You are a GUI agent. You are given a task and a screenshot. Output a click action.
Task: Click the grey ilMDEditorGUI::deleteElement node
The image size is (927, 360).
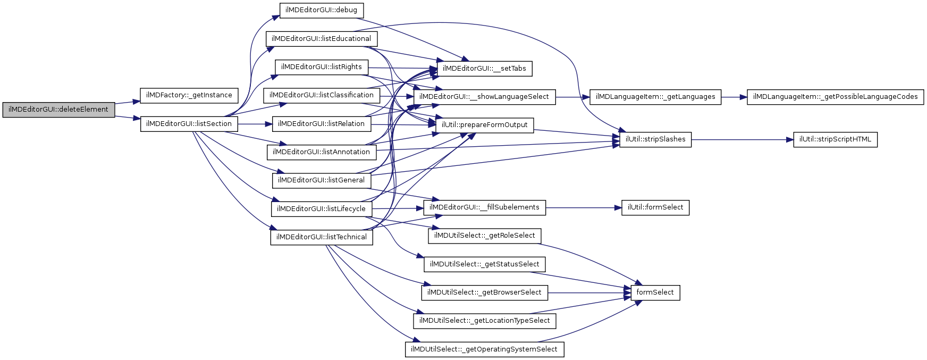coord(58,110)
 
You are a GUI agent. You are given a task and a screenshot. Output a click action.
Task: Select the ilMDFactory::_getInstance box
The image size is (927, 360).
coord(189,95)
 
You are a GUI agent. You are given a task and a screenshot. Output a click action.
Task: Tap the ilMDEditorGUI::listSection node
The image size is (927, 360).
coord(189,124)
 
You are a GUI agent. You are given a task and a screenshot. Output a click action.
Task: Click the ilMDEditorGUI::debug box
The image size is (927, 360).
coord(321,10)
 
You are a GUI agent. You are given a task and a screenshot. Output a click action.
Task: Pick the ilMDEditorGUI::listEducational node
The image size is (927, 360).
coord(321,39)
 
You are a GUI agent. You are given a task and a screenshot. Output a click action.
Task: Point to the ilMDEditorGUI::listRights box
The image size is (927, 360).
coord(321,67)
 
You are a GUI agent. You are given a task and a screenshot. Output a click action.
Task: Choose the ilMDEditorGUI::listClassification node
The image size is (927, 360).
coord(321,95)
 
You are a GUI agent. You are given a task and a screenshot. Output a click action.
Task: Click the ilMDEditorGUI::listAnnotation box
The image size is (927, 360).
coord(321,152)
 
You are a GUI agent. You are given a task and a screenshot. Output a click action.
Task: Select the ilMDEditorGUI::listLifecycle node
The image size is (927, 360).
coord(321,209)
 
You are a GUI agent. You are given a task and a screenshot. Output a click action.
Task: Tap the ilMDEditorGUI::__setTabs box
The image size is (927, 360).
coord(484,69)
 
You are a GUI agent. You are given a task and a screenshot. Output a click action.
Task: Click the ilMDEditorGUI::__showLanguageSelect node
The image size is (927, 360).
coord(484,97)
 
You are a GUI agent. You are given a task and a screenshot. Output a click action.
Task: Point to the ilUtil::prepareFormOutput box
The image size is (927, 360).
coord(484,125)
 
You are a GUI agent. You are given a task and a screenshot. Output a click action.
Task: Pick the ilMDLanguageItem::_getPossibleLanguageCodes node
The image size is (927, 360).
coord(835,97)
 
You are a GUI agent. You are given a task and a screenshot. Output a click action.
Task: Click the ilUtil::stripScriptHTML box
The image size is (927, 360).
coord(835,139)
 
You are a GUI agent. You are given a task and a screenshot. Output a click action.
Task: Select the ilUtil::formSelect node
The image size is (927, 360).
coord(655,207)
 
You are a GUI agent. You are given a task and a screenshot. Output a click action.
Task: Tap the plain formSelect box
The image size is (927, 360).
coord(655,292)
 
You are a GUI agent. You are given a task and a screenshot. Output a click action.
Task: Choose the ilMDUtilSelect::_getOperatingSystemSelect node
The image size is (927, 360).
coord(484,349)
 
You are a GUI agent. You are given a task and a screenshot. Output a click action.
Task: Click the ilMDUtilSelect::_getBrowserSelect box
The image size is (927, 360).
coord(484,292)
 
